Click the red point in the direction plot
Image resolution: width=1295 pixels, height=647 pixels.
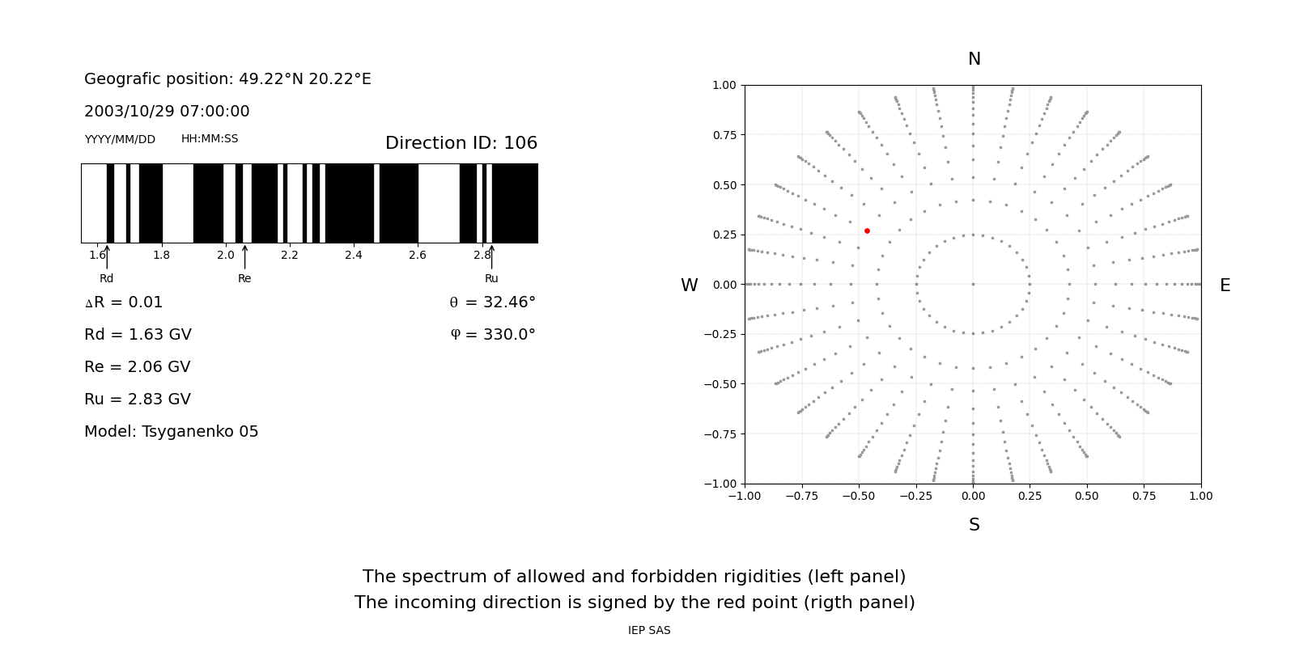[867, 231]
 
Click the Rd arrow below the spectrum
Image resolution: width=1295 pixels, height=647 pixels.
[107, 257]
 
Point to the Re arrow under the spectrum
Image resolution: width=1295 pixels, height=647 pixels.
[244, 257]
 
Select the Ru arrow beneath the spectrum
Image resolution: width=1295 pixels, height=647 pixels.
[491, 257]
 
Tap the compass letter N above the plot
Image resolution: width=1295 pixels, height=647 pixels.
[974, 60]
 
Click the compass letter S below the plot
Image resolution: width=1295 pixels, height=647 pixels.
[974, 526]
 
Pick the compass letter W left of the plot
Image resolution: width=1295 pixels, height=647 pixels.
[689, 285]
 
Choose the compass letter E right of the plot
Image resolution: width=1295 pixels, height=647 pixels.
[1225, 285]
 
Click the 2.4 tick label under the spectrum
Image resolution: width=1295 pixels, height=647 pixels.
[354, 256]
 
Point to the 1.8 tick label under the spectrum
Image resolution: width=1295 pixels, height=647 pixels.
[162, 256]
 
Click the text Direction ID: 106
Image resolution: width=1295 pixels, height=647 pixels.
[461, 143]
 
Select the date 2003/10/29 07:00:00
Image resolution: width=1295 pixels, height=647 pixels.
[167, 112]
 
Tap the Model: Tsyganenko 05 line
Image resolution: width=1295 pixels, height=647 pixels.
[172, 432]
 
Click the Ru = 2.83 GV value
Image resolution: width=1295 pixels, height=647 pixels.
[138, 400]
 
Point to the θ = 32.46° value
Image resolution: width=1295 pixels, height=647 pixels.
[492, 302]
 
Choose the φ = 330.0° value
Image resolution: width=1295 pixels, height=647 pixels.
[492, 335]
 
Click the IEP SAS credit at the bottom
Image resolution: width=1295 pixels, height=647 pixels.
[649, 631]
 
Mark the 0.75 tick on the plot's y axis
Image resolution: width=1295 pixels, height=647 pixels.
[724, 135]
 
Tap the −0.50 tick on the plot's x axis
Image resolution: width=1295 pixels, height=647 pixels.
[859, 497]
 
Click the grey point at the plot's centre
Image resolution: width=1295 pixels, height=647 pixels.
[973, 284]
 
